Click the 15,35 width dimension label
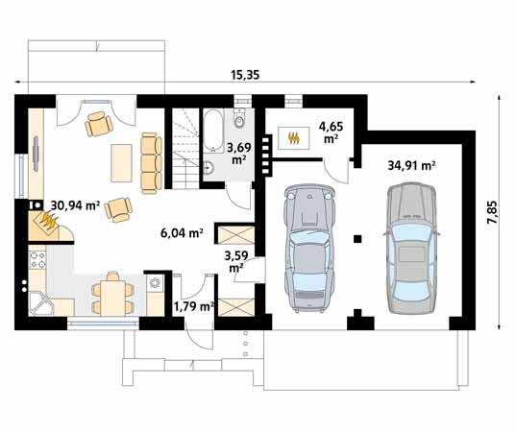(x=245, y=75)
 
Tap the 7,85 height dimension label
(x=492, y=212)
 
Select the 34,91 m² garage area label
(x=411, y=165)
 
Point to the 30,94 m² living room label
(x=75, y=205)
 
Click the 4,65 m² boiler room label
(x=331, y=132)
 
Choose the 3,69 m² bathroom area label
(x=239, y=154)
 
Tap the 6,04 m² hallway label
(x=182, y=233)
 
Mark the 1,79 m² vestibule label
(x=194, y=307)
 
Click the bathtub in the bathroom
(x=213, y=131)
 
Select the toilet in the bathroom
(x=239, y=119)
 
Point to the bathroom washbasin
(x=209, y=168)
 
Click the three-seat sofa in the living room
(x=151, y=163)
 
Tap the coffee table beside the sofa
(x=121, y=163)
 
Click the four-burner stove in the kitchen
(x=37, y=260)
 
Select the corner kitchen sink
(x=40, y=303)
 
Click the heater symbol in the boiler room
(x=294, y=138)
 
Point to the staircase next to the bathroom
(x=185, y=149)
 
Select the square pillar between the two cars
(x=357, y=239)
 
